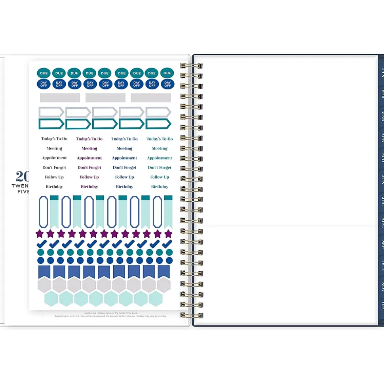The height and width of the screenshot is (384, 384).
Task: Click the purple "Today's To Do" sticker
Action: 89,139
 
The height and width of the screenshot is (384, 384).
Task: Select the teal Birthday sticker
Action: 160,187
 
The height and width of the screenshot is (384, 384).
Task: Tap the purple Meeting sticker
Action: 89,149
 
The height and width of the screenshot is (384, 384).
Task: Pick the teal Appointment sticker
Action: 160,158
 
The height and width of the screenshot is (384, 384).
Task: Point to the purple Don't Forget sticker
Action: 89,168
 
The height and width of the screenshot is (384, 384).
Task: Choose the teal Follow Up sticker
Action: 160,177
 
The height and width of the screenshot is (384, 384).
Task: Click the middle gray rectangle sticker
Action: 105,98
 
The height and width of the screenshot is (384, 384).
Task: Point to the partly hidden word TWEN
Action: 20,186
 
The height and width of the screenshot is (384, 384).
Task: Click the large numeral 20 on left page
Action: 22,176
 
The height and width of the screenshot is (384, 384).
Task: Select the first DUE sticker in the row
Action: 44,73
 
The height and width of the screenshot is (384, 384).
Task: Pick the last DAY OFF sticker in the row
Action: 167,84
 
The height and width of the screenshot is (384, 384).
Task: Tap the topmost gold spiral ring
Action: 191,66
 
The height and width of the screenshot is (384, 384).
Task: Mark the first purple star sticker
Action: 40,234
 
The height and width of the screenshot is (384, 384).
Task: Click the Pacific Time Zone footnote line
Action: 110,313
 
